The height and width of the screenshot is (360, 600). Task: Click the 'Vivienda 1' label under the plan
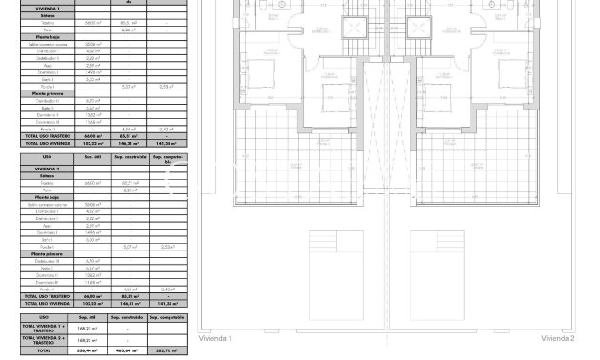[x=215, y=338]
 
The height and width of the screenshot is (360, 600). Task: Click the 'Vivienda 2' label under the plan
[x=558, y=338]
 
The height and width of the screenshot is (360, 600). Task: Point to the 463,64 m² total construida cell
[x=127, y=351]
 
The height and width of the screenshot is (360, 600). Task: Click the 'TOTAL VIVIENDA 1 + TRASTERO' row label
[x=44, y=329]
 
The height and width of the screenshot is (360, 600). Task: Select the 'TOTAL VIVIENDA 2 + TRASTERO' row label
[x=44, y=340]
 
